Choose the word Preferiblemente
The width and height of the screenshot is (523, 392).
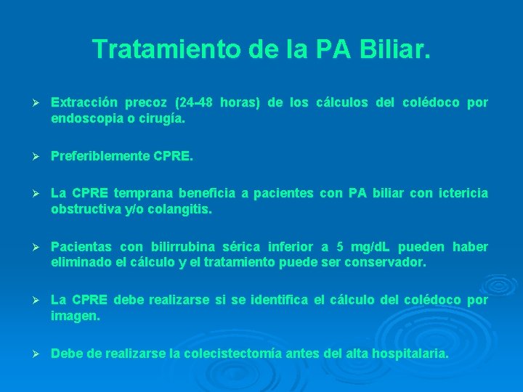coord(101,155)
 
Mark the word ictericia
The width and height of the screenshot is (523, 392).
coord(462,194)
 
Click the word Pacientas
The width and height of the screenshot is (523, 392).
coord(79,247)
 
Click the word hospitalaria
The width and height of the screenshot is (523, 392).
coord(410,354)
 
